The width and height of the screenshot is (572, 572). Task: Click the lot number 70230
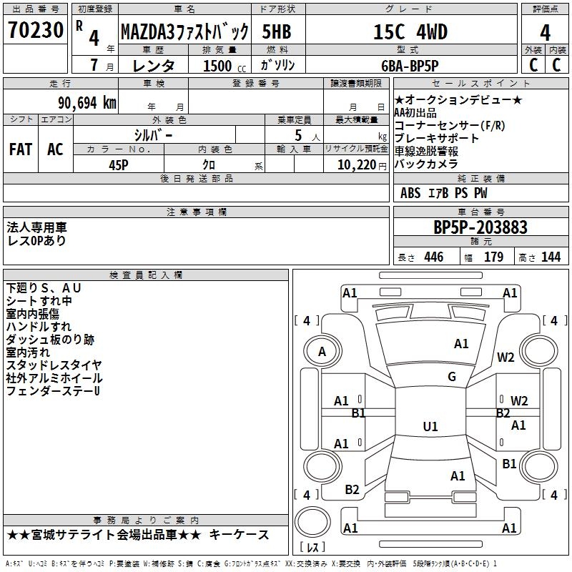coord(36,30)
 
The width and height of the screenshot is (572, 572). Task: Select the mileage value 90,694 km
coord(87,103)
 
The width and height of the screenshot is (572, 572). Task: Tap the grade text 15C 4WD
coord(410,31)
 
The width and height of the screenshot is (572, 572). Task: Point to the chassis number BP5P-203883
coord(480,227)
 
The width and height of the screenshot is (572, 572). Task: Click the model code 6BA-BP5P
coord(410,66)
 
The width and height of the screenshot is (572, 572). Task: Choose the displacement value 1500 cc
coord(225,66)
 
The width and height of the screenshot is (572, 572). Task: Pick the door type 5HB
coord(277,31)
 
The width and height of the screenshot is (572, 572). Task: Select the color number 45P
coord(119,165)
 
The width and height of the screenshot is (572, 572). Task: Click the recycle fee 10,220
coord(357,165)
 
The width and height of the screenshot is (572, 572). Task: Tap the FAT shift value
coord(21,149)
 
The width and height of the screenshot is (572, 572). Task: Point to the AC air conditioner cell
coord(55,149)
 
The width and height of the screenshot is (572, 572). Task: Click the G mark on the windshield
coord(452,377)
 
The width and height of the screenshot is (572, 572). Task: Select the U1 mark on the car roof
coord(430,426)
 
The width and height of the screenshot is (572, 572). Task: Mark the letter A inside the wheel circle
coord(322,352)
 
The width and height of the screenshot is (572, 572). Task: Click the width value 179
coord(493,257)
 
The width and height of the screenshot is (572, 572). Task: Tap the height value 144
coord(551,257)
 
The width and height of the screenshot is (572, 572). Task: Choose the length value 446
coord(434,257)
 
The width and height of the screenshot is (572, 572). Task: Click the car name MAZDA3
coord(147,31)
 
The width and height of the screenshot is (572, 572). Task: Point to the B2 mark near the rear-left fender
coord(352,490)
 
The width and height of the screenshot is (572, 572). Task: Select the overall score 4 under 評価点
coord(545,32)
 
